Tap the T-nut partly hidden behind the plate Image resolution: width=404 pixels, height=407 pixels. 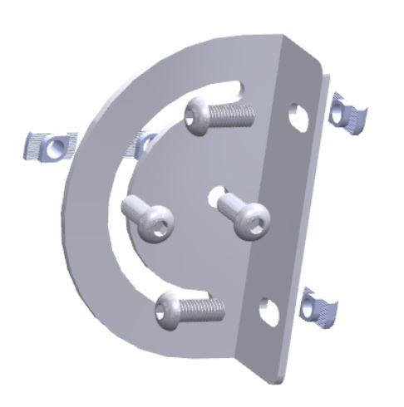tap(142, 145)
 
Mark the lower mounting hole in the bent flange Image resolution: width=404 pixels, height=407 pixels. tap(268, 311)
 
